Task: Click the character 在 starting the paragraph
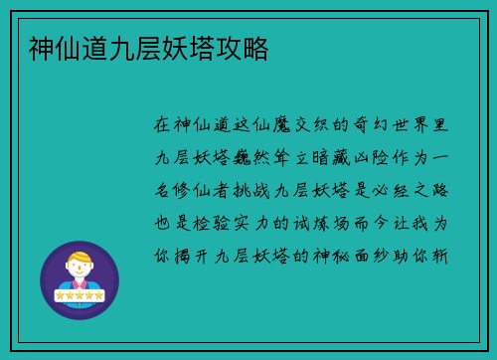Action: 164,126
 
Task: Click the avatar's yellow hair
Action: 79,261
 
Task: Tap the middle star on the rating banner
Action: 79,295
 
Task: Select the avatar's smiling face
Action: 79,272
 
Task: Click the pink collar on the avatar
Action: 79,287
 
